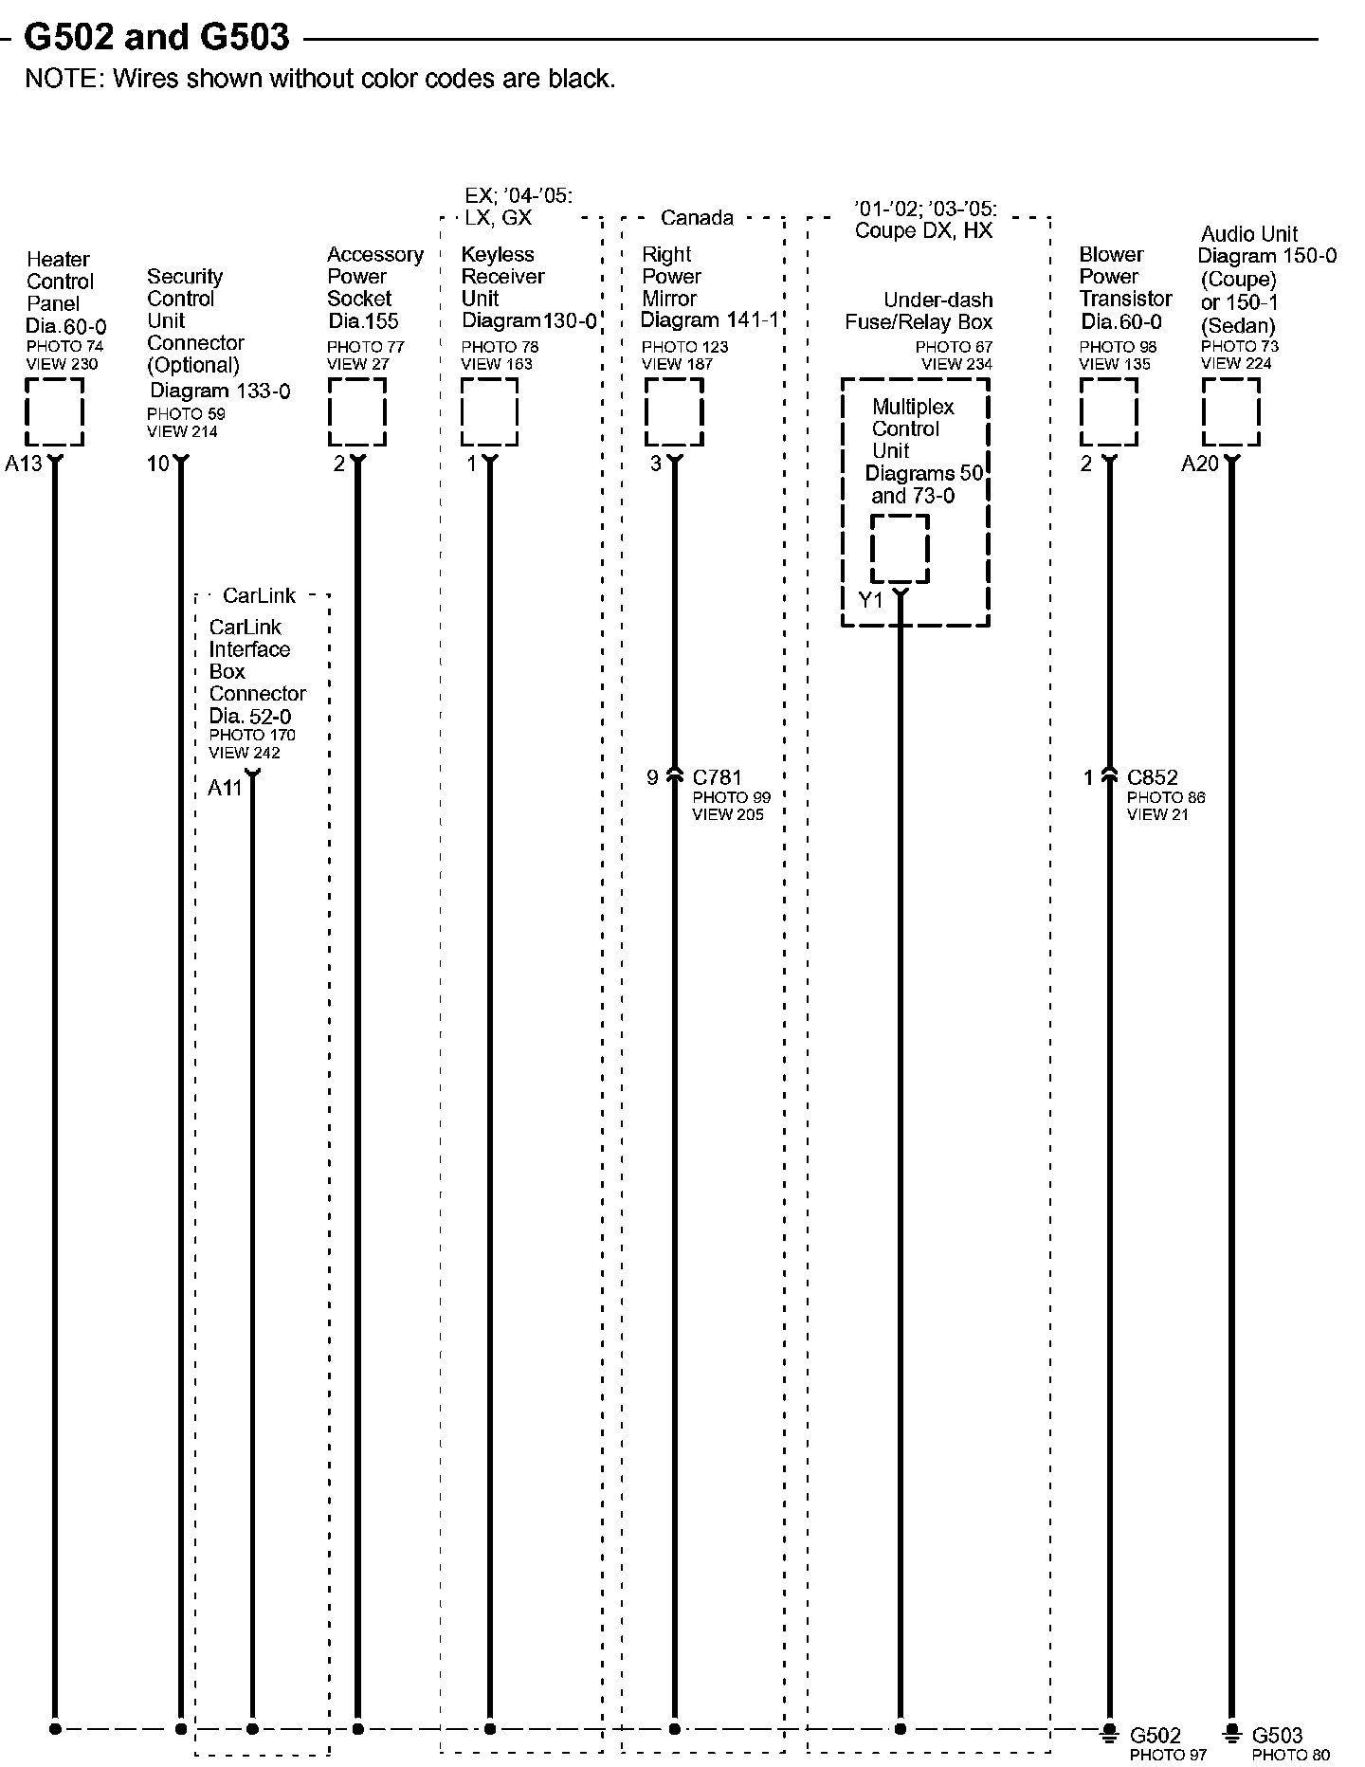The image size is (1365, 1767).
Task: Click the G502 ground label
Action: click(x=1156, y=1736)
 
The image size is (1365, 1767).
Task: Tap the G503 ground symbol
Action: click(x=1231, y=1732)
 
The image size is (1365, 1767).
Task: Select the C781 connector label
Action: click(x=718, y=778)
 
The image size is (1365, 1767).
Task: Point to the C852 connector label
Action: click(x=1152, y=778)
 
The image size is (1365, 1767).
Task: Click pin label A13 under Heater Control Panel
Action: click(x=24, y=464)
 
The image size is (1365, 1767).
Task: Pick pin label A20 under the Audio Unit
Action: click(x=1199, y=464)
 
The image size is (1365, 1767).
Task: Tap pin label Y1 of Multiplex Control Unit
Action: click(x=870, y=600)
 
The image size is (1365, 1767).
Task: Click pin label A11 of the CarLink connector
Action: click(x=225, y=788)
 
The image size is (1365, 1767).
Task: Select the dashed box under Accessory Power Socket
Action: click(x=357, y=411)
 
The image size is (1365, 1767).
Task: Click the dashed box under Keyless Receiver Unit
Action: click(x=489, y=411)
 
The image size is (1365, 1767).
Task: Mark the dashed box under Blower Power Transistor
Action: click(x=1108, y=411)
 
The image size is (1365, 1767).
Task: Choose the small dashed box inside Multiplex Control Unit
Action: click(x=900, y=549)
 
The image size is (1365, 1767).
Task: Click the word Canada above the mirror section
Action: click(x=697, y=218)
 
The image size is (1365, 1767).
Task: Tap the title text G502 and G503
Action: click(x=156, y=37)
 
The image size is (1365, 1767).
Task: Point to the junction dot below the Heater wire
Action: click(x=55, y=1729)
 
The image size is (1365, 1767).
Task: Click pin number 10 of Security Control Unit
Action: click(x=157, y=464)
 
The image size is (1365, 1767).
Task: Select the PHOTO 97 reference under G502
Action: click(x=1168, y=1756)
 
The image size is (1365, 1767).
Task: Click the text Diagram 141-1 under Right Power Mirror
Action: click(x=709, y=321)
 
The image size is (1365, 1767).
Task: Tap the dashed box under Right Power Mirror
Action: click(x=674, y=411)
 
